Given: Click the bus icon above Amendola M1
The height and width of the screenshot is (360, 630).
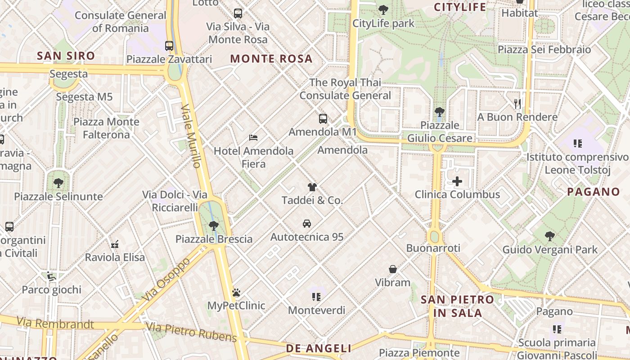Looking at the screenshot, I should [323, 119].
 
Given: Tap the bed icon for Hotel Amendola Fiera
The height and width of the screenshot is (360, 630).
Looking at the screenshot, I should [253, 137].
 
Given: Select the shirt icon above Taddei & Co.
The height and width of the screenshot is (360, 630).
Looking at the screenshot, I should [312, 187].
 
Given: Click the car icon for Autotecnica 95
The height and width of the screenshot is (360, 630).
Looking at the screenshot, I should [306, 224].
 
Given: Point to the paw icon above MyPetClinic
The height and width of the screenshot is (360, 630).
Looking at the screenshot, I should [236, 293].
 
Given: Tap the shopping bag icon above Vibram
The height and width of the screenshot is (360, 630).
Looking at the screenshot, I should [393, 269].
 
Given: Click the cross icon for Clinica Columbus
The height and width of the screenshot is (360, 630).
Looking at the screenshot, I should [457, 181].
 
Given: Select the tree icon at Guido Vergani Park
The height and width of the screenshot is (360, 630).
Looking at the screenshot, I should [549, 236].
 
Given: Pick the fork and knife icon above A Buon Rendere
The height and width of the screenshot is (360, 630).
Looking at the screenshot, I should [517, 104].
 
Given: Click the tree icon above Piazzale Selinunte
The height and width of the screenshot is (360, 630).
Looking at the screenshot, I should [58, 183].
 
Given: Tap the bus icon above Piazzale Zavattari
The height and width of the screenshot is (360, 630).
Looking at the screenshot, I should [169, 46].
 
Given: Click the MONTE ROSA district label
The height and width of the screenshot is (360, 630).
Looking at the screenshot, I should [271, 58].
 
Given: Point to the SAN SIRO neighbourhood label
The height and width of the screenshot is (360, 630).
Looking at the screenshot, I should [66, 56].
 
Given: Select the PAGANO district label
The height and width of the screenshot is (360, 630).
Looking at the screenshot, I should [593, 192].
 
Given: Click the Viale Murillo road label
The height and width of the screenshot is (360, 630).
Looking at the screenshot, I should [191, 136].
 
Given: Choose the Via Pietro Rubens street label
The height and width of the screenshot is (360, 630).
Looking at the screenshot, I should [191, 332].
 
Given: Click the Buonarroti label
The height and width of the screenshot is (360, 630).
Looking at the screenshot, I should [433, 248].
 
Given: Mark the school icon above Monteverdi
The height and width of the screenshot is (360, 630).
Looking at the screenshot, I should [316, 297].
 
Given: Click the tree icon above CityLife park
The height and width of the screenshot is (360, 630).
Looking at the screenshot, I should [383, 9].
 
